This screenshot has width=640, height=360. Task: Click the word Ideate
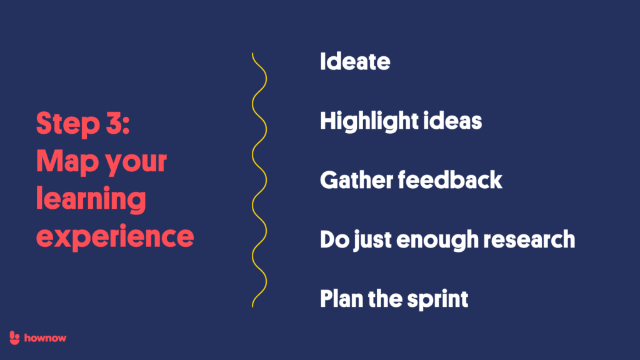(355, 62)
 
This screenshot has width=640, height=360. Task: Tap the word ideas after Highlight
(457, 120)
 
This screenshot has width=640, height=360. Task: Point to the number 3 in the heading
(113, 123)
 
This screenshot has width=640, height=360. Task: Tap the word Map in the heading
(62, 162)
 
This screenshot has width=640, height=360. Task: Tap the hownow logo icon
(16, 337)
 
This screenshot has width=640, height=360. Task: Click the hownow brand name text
(46, 337)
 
